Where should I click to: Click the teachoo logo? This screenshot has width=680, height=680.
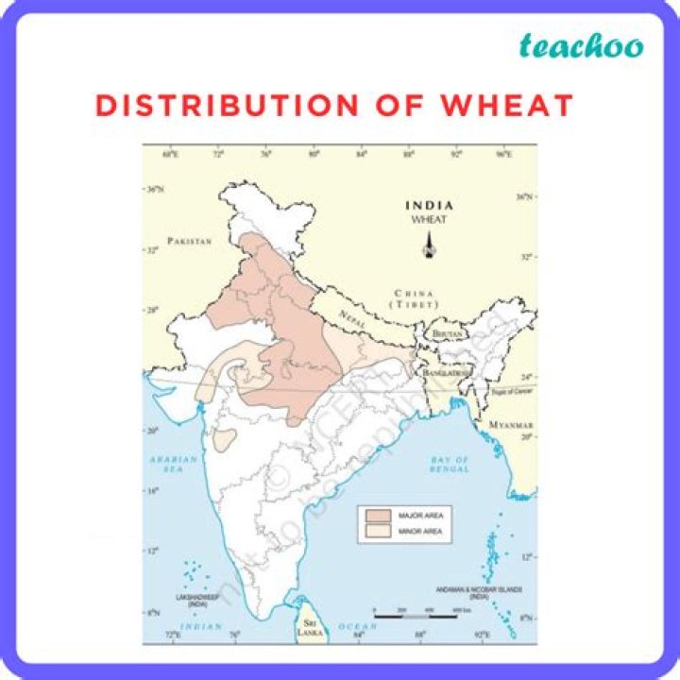(x=582, y=45)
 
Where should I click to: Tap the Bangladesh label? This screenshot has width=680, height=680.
(x=448, y=373)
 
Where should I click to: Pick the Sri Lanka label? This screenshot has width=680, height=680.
(x=308, y=628)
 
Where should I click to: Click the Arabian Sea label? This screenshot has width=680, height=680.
(x=174, y=466)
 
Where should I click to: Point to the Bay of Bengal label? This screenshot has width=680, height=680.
(x=450, y=466)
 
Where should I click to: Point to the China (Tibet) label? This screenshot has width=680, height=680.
(x=415, y=299)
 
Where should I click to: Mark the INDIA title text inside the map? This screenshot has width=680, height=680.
(x=429, y=205)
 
